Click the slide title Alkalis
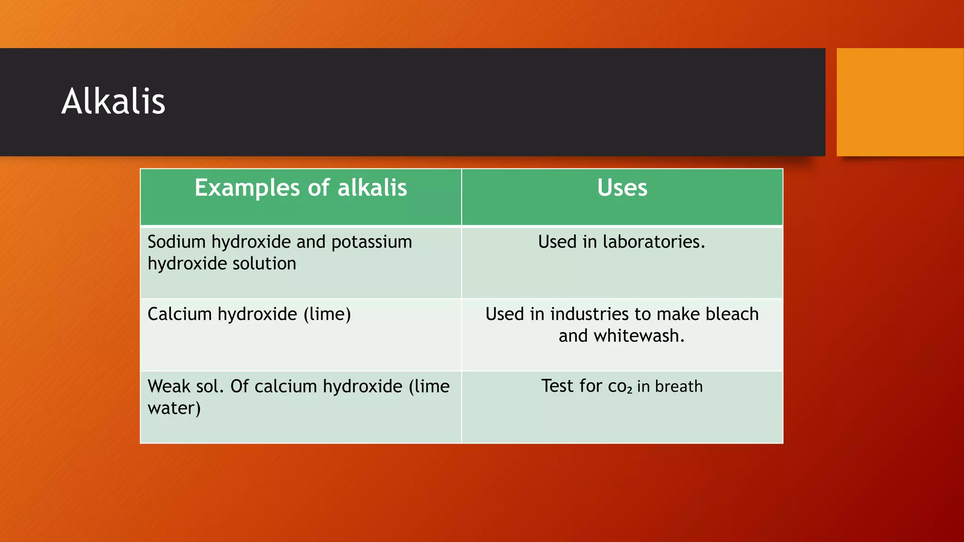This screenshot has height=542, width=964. (x=113, y=101)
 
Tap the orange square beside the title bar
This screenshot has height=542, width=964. (x=900, y=102)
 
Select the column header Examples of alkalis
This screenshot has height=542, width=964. (x=301, y=188)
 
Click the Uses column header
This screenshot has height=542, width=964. (x=622, y=188)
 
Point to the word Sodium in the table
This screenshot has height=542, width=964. (x=177, y=242)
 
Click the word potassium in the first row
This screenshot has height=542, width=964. (x=371, y=242)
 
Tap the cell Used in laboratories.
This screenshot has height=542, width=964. (x=621, y=242)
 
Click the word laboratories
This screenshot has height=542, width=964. (x=654, y=242)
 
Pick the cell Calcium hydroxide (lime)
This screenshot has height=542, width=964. (x=249, y=314)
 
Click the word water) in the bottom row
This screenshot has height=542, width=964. (x=174, y=408)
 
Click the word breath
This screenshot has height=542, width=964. (x=679, y=386)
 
